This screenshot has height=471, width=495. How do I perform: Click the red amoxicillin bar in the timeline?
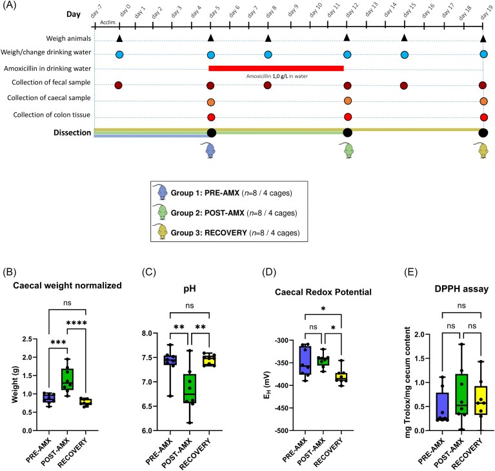[x=276, y=67]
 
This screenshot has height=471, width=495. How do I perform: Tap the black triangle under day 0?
[x=119, y=39]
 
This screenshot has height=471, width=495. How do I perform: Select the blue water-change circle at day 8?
[x=268, y=54]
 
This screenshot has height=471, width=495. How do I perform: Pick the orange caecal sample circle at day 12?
[x=348, y=101]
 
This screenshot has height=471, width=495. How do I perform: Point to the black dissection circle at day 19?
[x=483, y=133]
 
